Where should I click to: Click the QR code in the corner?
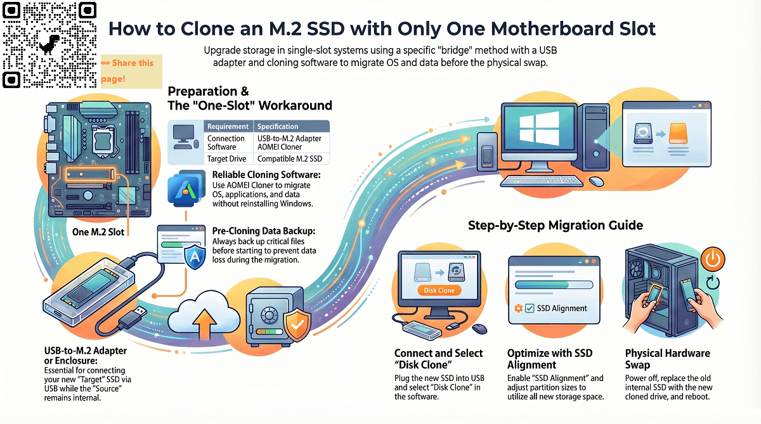click(49, 44)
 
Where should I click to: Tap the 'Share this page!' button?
click(131, 70)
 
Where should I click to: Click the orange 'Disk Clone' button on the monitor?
click(438, 290)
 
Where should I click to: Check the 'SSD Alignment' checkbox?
click(529, 309)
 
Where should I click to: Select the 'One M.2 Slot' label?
click(98, 232)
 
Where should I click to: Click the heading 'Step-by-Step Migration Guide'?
click(556, 225)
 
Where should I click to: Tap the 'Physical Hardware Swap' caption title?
click(667, 359)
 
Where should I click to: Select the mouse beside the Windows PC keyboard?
click(595, 181)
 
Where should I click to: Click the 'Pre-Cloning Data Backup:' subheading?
click(261, 232)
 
